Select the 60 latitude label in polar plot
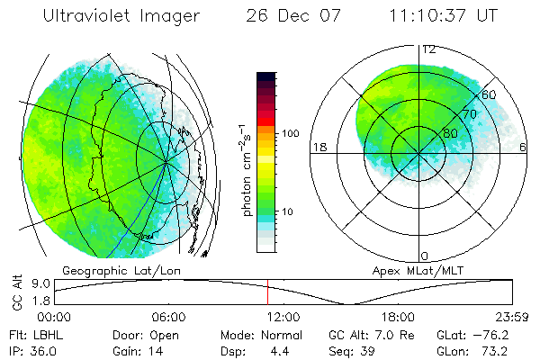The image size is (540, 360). pyautogui.click(x=489, y=94)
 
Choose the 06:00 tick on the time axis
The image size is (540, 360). pyautogui.click(x=168, y=317)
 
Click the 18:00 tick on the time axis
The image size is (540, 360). pyautogui.click(x=397, y=317)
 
